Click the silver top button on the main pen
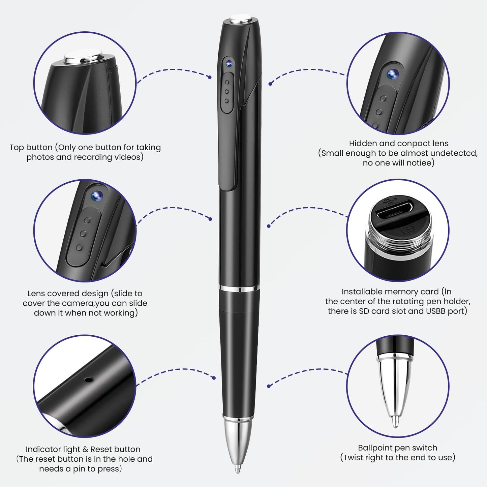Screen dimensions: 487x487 pyautogui.click(x=240, y=19)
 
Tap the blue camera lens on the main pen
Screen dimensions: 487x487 pyautogui.click(x=229, y=64)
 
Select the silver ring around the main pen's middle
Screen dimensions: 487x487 pyautogui.click(x=239, y=288)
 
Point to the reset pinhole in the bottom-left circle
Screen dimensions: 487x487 pyautogui.click(x=88, y=379)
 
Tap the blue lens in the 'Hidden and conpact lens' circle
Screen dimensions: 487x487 pyautogui.click(x=393, y=74)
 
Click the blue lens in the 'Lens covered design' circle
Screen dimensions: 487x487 pyautogui.click(x=97, y=195)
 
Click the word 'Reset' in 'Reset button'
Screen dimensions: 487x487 pyautogui.click(x=101, y=449)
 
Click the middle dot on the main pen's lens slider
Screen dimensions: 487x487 pyautogui.click(x=227, y=91)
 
